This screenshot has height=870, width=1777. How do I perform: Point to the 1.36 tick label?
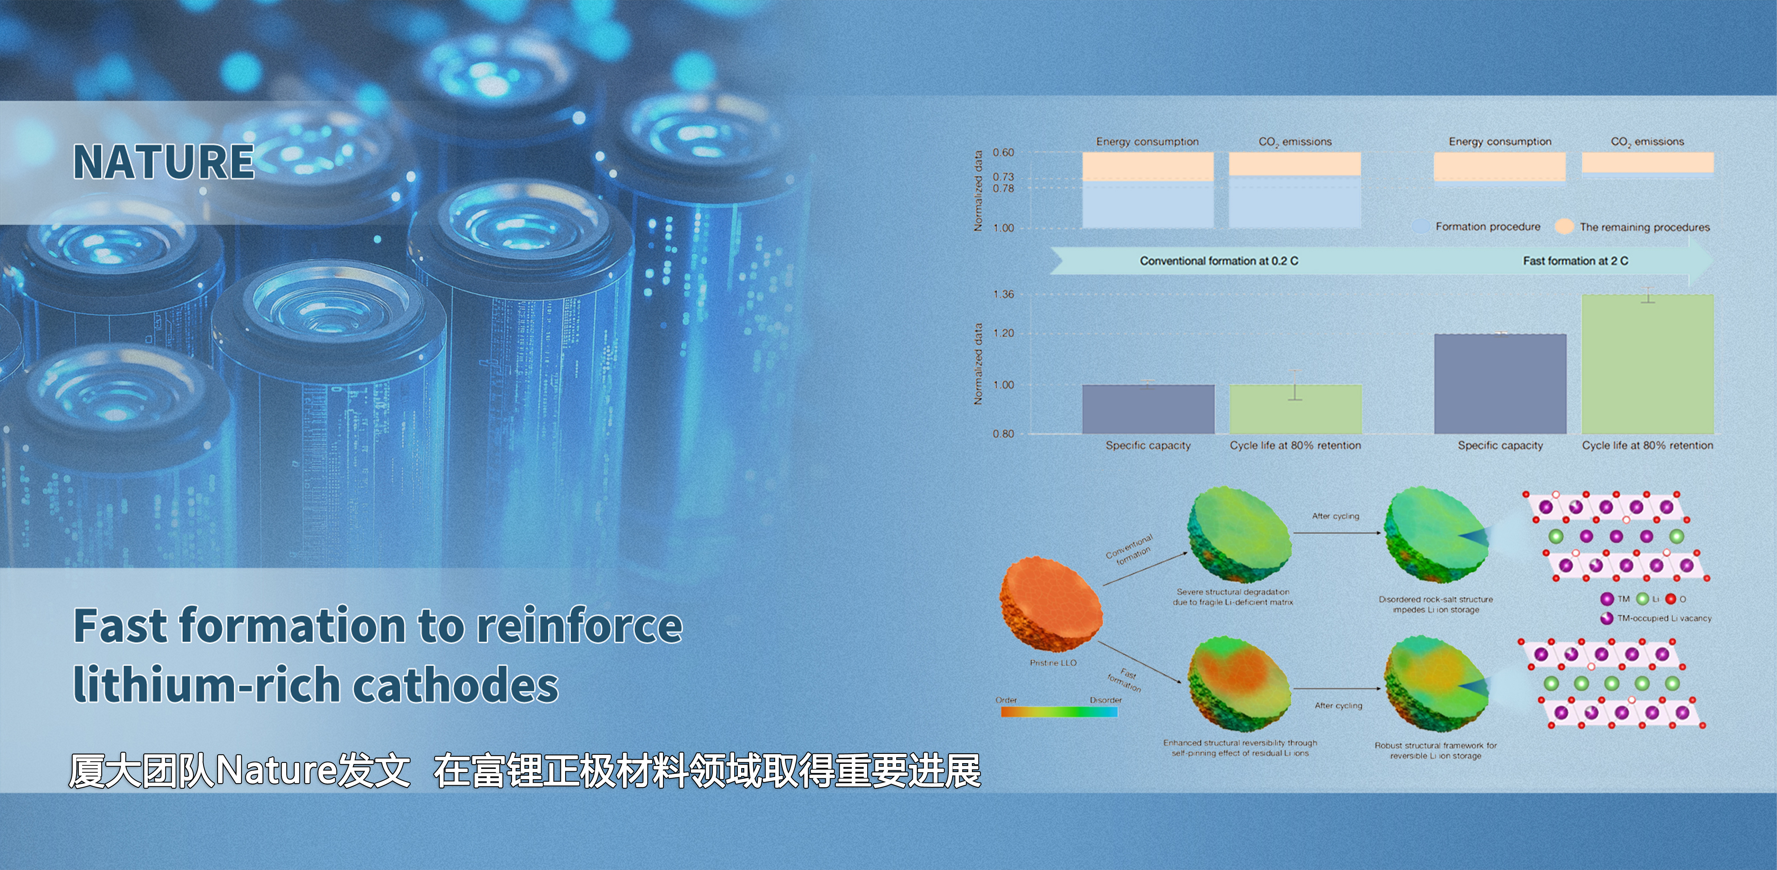[x=1004, y=295]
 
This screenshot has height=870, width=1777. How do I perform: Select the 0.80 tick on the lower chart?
[x=1004, y=434]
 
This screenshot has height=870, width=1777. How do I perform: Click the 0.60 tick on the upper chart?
[x=1004, y=153]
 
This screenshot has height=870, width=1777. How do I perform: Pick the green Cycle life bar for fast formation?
[x=1647, y=364]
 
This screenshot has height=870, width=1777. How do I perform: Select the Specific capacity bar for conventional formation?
[x=1148, y=409]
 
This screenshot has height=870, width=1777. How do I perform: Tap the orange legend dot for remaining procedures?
[x=1565, y=226]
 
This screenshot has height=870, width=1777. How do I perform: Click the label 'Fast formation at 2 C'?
[x=1576, y=261]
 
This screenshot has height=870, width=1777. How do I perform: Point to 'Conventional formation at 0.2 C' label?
[x=1219, y=261]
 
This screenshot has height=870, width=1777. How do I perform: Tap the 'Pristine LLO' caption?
[x=1053, y=663]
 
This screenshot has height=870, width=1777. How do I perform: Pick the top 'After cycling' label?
[x=1335, y=516]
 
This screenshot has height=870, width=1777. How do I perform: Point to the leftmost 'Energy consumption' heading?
[x=1147, y=141]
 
